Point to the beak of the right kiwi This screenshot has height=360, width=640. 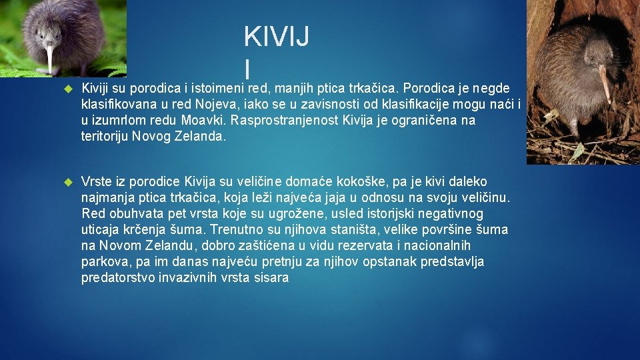pos(605,84)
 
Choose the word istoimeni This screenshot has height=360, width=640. pos(217,89)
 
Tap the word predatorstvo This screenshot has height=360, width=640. pos(118,278)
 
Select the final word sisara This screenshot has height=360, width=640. pos(271,278)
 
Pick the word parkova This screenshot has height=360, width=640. pos(105,262)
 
